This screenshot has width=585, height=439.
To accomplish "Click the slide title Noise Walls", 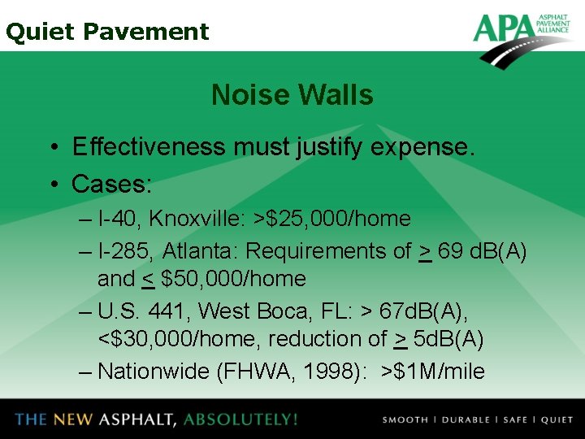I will pyautogui.click(x=292, y=95).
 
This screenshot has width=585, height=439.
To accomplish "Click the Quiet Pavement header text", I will pyautogui.click(x=107, y=32).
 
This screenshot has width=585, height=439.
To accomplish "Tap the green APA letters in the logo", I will pyautogui.click(x=504, y=28).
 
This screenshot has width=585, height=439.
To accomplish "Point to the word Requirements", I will pyautogui.click(x=321, y=251).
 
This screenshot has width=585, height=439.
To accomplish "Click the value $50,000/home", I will pyautogui.click(x=233, y=279).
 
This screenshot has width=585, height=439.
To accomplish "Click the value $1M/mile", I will pyautogui.click(x=439, y=372).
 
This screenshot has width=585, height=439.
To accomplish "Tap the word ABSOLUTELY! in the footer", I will pyautogui.click(x=240, y=419).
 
